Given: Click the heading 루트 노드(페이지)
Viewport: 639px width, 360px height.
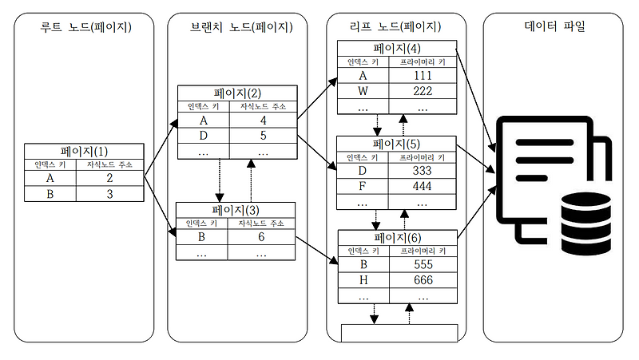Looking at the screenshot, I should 85,27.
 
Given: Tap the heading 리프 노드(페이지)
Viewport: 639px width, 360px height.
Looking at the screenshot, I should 397,27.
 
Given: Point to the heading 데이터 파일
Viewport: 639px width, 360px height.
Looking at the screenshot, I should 553,27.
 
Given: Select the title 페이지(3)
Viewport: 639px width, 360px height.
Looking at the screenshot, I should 236,210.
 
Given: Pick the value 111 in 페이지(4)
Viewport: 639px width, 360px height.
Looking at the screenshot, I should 423,76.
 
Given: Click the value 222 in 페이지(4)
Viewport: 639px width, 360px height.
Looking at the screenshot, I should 423,91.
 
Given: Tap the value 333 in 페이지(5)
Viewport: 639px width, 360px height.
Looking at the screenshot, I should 423,172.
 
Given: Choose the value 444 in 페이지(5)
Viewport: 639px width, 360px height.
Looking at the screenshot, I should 423,187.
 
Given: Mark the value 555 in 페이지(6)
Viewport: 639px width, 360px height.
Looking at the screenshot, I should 423,265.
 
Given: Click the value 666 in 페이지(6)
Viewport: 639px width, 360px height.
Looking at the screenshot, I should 423,280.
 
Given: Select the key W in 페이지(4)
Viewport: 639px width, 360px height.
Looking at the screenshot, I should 363,91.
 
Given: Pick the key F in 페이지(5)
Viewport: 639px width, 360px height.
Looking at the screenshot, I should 363,187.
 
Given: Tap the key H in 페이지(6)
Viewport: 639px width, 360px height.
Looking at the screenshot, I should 363,280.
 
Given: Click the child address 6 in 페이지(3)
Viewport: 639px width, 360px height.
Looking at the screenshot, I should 262,238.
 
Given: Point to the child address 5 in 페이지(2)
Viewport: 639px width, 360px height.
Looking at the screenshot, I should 262,136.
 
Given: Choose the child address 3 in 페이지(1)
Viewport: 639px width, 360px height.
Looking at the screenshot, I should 110,194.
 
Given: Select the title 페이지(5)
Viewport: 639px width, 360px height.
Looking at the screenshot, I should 397,144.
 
